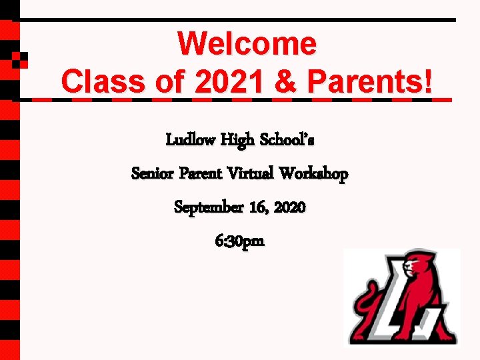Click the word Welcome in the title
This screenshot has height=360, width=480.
247,44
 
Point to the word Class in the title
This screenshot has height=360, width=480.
99,82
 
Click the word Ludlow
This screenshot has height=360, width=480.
190,141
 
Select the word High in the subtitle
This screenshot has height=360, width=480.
237,141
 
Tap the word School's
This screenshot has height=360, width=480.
287,141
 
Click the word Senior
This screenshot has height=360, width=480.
153,174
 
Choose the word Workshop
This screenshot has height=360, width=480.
313,175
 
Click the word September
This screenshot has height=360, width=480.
209,207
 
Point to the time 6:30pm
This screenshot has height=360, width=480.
240,241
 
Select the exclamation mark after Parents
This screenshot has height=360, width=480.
427,82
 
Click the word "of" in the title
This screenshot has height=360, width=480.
165,82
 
